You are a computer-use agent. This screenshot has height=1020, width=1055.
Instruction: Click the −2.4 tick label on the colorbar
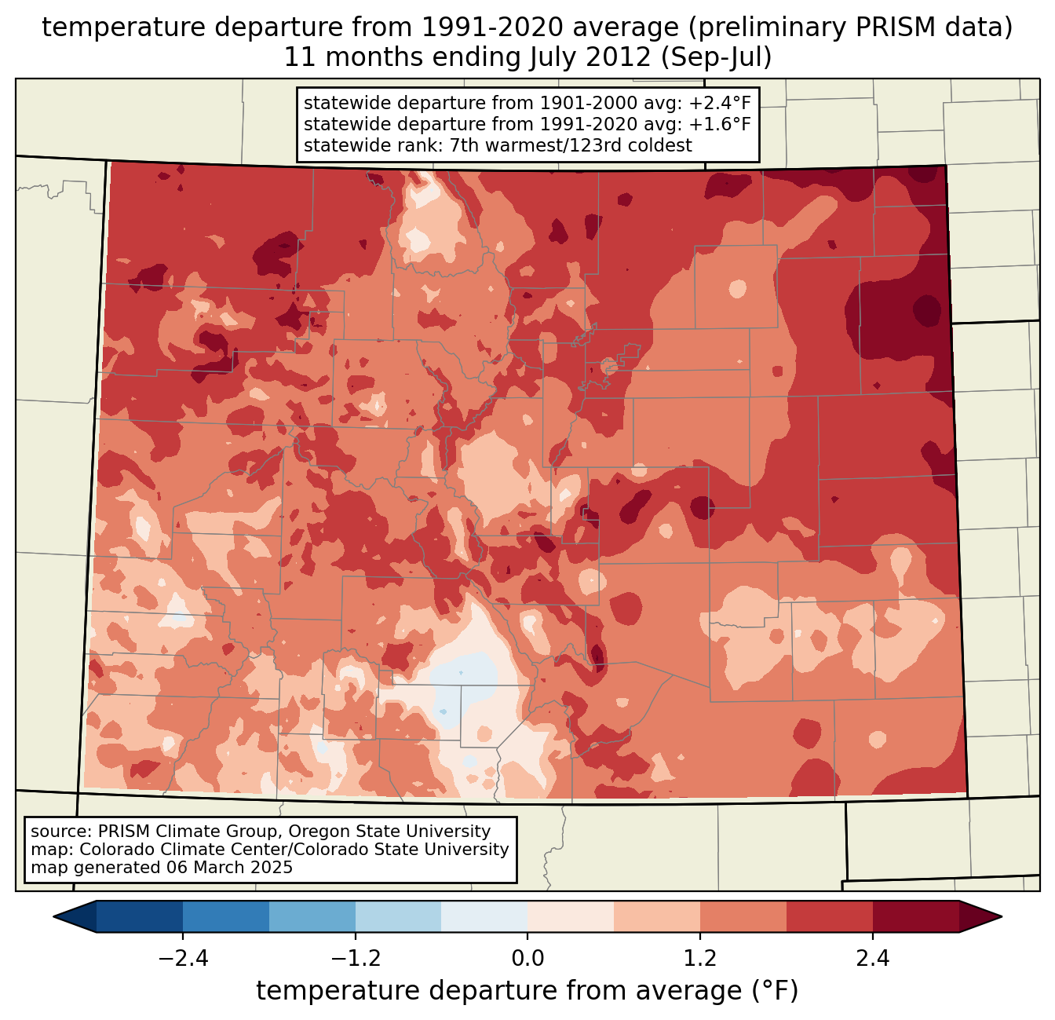tap(183, 959)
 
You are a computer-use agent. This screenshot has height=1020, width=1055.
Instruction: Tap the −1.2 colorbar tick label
tap(355, 959)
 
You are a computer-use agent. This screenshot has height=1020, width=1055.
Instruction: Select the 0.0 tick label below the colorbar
tap(527, 959)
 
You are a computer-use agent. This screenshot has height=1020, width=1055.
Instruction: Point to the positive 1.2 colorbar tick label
tap(700, 959)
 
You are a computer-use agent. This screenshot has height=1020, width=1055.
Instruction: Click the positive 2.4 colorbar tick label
tap(872, 959)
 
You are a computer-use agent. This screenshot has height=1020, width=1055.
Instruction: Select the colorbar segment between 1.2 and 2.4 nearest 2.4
tap(830, 916)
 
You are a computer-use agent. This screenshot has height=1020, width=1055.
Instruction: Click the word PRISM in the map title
tap(911, 27)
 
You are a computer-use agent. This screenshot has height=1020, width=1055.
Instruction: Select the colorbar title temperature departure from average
tap(527, 991)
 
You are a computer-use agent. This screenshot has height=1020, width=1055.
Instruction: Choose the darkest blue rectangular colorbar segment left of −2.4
tap(140, 916)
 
